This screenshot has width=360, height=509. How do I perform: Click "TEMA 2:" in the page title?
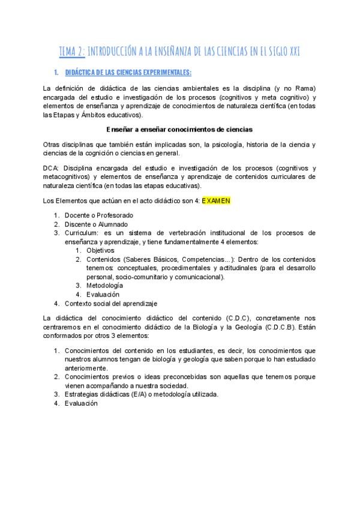pyautogui.click(x=72, y=52)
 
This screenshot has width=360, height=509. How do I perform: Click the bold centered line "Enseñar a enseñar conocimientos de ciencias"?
pyautogui.click(x=180, y=129)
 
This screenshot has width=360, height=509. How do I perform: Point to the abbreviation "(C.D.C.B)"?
pyautogui.click(x=274, y=326)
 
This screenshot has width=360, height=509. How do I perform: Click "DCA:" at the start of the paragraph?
pyautogui.click(x=52, y=168)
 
